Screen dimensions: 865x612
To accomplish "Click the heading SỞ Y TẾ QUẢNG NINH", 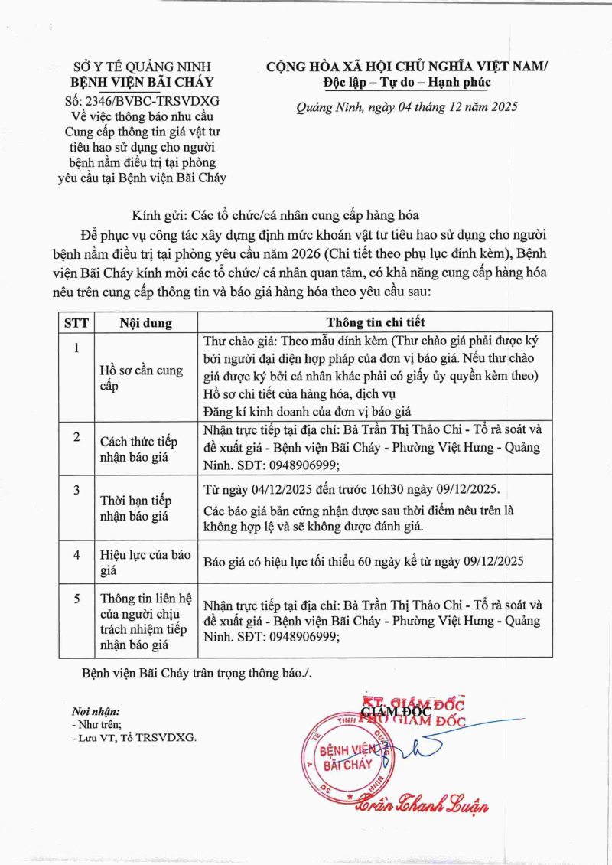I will (x=142, y=67).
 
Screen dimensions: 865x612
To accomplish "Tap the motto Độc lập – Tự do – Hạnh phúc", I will (x=406, y=83).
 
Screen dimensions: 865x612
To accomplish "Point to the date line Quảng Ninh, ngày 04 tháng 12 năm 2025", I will (x=407, y=107).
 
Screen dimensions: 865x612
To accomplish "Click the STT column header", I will (x=76, y=322).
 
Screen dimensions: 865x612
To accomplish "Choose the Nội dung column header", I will (x=145, y=322).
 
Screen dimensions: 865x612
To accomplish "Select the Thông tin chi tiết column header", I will (x=375, y=322).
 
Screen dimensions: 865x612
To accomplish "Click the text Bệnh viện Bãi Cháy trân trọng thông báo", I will (x=197, y=673).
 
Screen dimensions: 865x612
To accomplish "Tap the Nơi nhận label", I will (x=95, y=710).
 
